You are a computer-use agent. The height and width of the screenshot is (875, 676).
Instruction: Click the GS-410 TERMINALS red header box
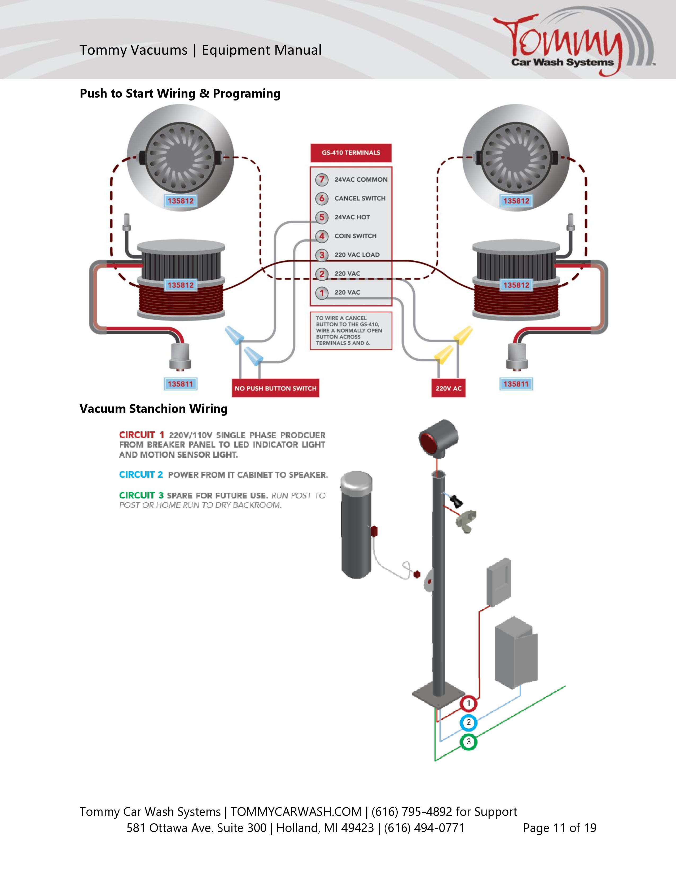(x=351, y=153)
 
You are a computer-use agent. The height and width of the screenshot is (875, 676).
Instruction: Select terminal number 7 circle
(x=322, y=180)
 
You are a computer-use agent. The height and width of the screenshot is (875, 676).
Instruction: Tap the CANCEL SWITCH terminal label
(x=360, y=198)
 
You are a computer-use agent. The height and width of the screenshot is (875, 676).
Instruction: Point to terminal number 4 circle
(x=322, y=236)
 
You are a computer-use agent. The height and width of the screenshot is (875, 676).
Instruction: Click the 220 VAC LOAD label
(x=357, y=255)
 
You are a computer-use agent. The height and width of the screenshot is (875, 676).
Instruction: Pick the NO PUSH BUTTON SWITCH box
(x=275, y=388)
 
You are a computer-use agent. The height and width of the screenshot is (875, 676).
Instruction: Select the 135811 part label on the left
(x=180, y=384)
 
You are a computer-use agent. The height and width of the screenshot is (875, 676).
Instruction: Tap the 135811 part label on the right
(x=516, y=384)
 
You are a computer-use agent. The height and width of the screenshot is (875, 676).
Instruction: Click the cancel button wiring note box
(x=351, y=331)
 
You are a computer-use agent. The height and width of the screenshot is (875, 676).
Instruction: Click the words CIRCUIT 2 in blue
(x=141, y=475)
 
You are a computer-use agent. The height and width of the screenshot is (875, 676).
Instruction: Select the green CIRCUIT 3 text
(x=141, y=495)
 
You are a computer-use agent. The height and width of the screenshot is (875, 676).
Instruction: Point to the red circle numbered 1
(x=468, y=703)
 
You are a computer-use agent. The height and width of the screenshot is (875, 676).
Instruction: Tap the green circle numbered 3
(x=468, y=742)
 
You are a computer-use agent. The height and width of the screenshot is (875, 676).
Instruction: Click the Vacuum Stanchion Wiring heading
(x=153, y=409)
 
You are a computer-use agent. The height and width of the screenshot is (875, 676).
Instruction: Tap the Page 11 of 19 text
(x=559, y=828)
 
